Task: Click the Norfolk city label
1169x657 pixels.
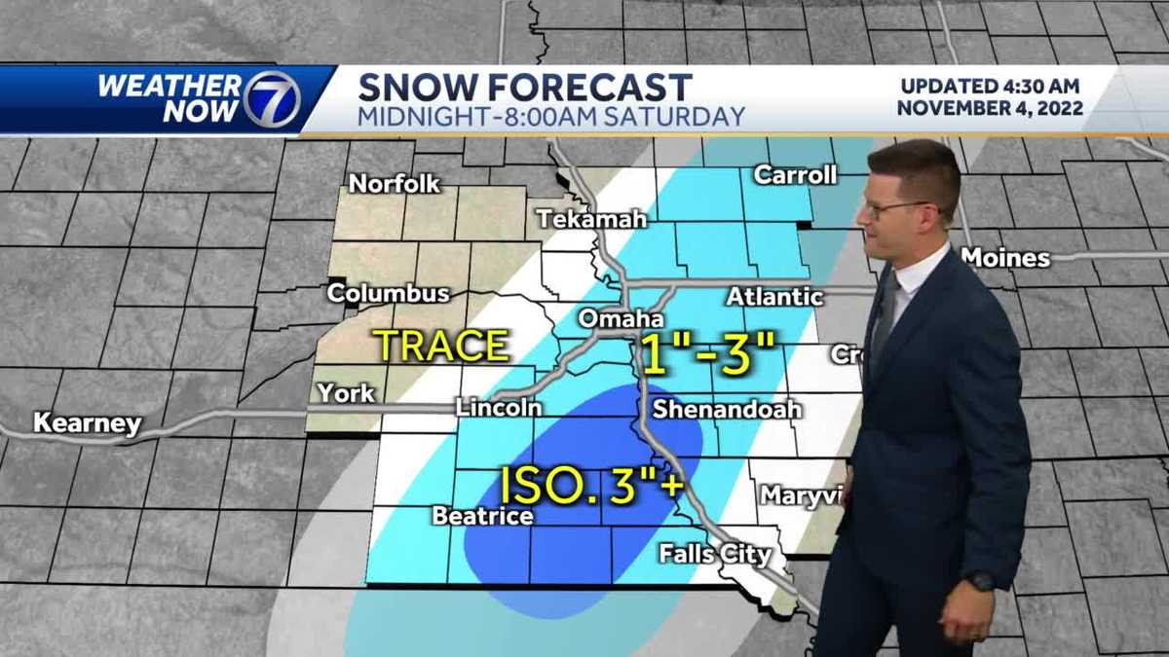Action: tap(395, 183)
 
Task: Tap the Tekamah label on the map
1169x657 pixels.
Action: tap(591, 219)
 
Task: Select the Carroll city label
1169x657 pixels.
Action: tap(795, 175)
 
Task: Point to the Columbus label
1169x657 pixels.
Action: tap(388, 293)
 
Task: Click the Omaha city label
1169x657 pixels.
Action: tap(621, 319)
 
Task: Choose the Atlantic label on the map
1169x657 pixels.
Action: tap(774, 297)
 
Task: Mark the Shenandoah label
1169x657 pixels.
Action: tap(726, 409)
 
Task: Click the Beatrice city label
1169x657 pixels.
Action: tap(482, 516)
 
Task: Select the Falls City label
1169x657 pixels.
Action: tap(715, 555)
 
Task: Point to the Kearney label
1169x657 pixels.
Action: tap(87, 423)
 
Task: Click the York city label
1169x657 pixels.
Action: tap(346, 393)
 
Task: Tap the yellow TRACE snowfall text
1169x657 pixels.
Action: tap(441, 346)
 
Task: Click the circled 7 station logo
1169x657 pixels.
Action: tap(271, 99)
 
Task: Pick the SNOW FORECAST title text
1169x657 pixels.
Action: tap(525, 87)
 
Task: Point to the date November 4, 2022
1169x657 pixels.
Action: tap(990, 108)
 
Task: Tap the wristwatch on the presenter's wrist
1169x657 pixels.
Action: tap(980, 581)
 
